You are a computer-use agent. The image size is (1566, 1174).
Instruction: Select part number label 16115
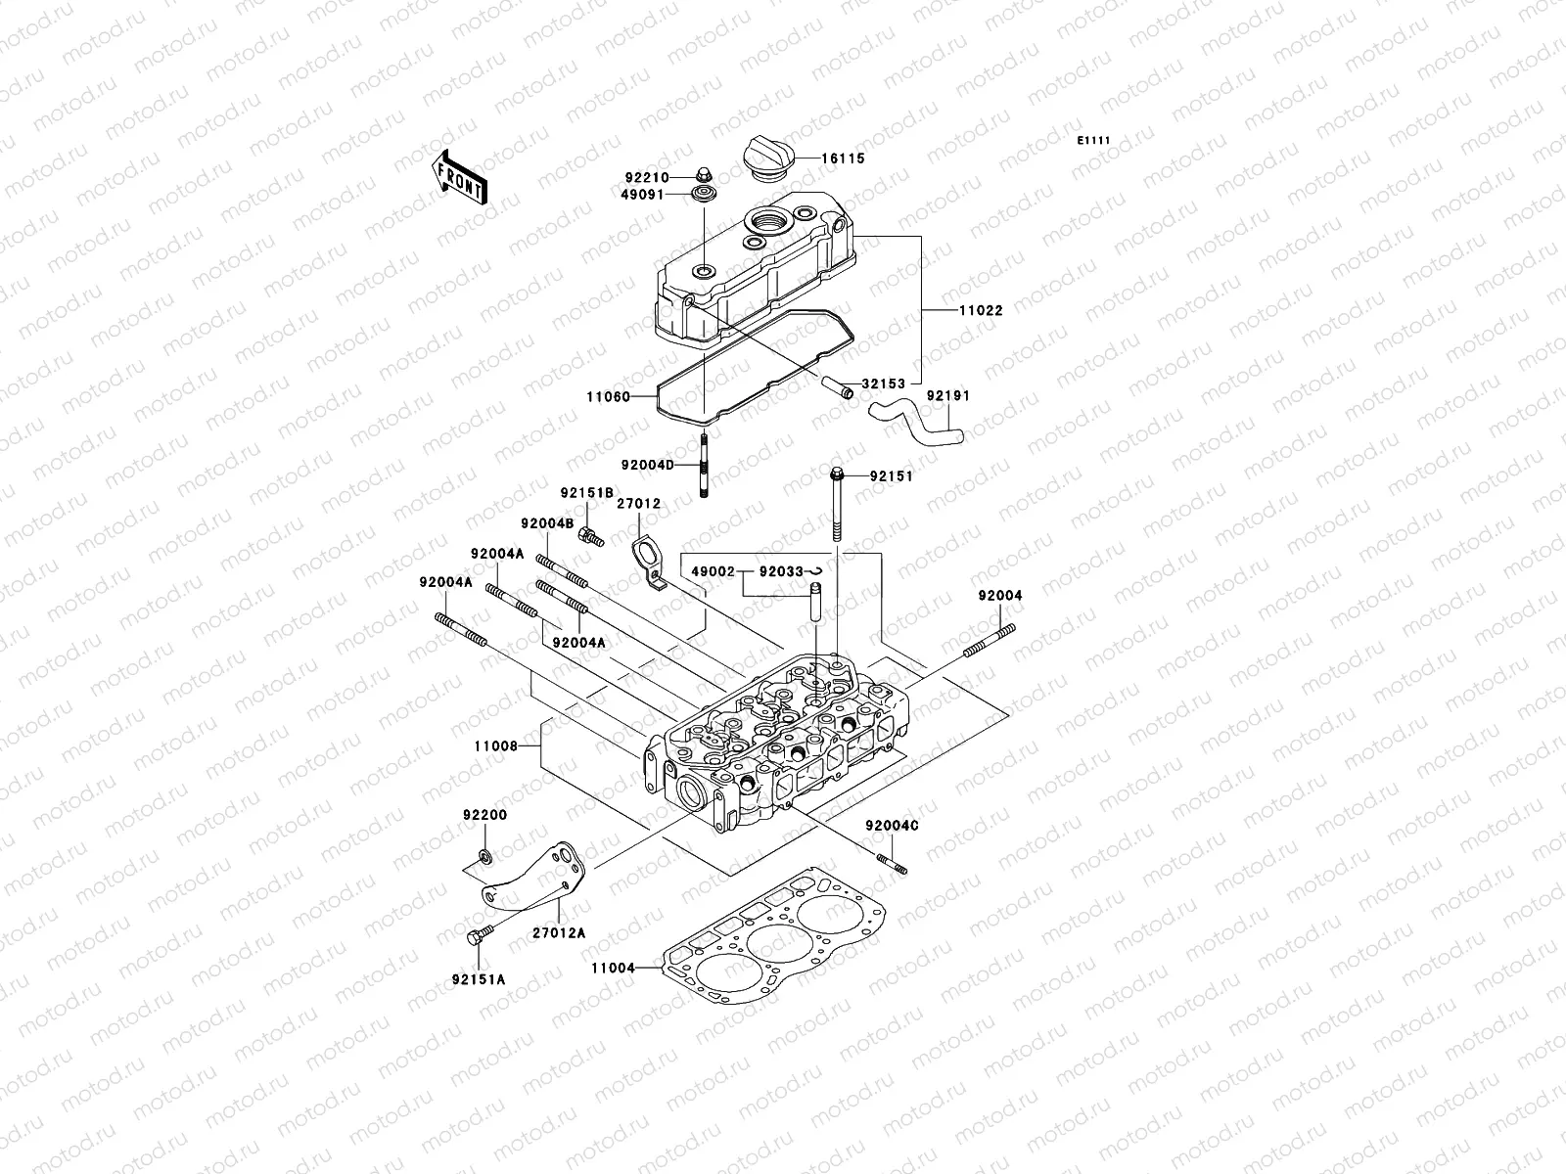(843, 158)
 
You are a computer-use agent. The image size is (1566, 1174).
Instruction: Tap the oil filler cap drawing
(769, 157)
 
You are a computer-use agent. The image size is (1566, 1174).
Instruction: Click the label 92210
(673, 178)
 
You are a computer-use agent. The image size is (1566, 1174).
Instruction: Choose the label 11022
(980, 310)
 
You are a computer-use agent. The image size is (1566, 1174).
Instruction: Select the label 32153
(883, 384)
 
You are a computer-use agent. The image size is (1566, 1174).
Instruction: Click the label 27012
(639, 504)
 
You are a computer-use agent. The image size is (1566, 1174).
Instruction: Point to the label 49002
(714, 570)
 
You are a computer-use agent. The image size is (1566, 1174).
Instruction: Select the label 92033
(780, 570)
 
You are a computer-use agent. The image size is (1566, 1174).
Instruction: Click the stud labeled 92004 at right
(989, 644)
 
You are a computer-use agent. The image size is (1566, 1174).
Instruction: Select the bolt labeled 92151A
(478, 937)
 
